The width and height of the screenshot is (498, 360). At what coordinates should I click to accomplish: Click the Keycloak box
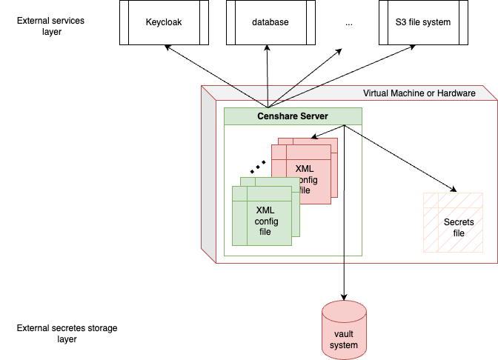coord(164,22)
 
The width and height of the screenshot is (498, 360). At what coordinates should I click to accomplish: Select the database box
coord(270,22)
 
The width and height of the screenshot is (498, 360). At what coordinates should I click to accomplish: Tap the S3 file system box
coord(423,22)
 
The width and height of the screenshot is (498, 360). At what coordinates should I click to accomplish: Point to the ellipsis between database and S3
coord(349,23)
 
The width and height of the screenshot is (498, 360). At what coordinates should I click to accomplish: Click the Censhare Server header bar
coord(293,116)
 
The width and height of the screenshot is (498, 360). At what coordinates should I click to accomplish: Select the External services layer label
coord(50,27)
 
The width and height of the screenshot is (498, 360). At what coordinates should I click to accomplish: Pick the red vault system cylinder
coord(345,330)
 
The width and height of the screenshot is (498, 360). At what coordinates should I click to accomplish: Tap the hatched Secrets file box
coord(453,223)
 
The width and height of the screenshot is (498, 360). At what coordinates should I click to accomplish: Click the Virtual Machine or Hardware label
coord(419,93)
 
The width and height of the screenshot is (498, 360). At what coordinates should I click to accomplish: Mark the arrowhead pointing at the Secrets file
coord(451,190)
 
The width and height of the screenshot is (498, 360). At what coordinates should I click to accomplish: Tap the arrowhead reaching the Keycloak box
coord(167,47)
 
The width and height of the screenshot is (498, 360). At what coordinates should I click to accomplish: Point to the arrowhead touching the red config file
coord(313,137)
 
